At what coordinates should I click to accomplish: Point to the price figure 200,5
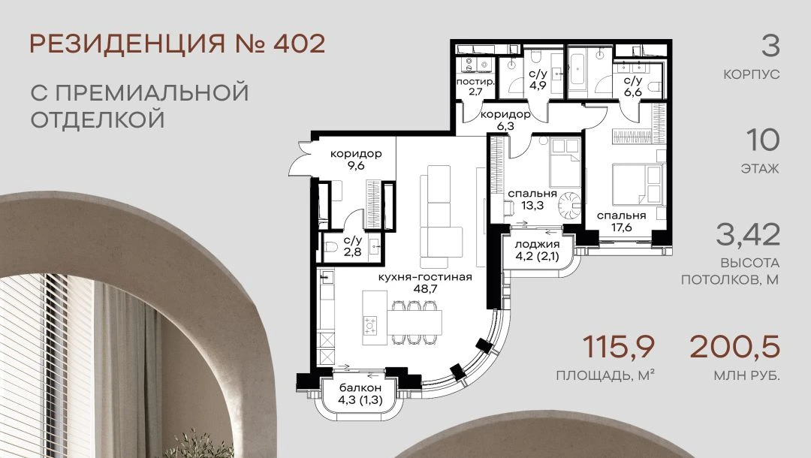[734, 347]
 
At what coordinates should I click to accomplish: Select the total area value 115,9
[619, 347]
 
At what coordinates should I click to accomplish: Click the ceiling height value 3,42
[748, 235]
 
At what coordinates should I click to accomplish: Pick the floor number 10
[762, 140]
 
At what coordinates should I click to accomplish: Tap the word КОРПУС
[751, 74]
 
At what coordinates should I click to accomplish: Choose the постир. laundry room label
[475, 86]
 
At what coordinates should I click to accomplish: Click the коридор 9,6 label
[357, 159]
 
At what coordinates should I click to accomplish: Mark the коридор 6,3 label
[505, 120]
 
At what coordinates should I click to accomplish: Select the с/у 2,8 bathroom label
[352, 246]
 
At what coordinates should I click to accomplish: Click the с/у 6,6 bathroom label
[632, 86]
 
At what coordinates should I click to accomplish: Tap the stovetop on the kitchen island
[370, 325]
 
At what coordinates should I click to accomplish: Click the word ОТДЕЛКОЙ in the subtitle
[98, 119]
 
